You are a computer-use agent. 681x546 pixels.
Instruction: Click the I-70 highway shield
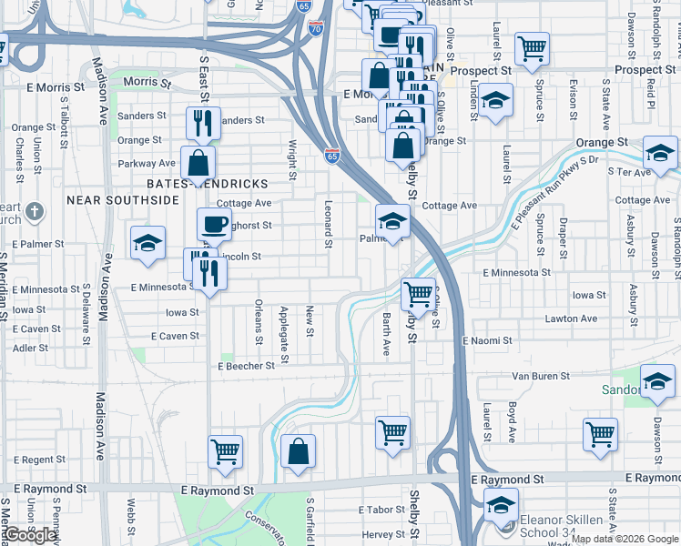[x=315, y=28]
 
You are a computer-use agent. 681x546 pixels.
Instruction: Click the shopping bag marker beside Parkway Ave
[x=198, y=164]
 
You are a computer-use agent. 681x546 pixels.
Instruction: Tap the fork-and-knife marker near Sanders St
[x=202, y=123]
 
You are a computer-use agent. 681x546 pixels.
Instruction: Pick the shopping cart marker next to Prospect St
[x=532, y=49]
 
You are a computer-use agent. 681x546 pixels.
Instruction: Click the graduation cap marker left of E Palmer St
[x=147, y=243]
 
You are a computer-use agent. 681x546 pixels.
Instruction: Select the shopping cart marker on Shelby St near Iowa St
[x=418, y=295]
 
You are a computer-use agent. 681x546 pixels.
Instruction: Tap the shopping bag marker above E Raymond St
[x=298, y=451]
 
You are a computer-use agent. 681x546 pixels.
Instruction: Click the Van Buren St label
[x=540, y=375]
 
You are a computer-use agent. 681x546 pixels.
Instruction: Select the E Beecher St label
[x=246, y=366]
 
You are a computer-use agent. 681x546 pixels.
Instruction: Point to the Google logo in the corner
[x=31, y=535]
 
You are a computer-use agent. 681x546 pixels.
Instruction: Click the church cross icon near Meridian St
[x=34, y=212]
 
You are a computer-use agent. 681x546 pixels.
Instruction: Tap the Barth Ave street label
[x=386, y=335]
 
